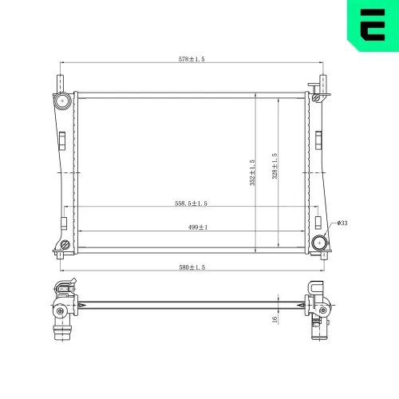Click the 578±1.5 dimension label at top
pyautogui.click(x=192, y=59)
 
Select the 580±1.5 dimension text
pyautogui.click(x=191, y=267)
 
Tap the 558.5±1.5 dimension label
pyautogui.click(x=192, y=203)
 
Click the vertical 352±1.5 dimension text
pyautogui.click(x=253, y=172)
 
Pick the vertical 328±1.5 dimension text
pyautogui.click(x=275, y=167)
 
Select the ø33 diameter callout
pyautogui.click(x=342, y=223)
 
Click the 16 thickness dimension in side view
pyautogui.click(x=274, y=318)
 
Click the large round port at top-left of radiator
pyautogui.click(x=62, y=101)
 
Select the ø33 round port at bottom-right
pyautogui.click(x=320, y=243)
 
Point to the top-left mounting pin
pyautogui.click(x=58, y=84)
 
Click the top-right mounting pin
pyautogui.click(x=323, y=84)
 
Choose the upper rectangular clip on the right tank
pyautogui.click(x=318, y=139)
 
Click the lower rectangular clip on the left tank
pyautogui.click(x=63, y=223)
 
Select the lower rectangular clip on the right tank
pyautogui.click(x=318, y=223)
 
